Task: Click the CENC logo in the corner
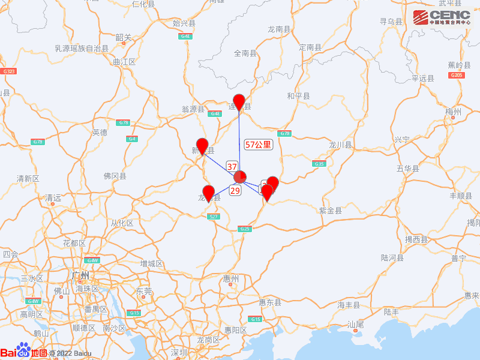442,17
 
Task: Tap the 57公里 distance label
259,145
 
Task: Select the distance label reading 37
232,166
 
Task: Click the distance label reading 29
235,190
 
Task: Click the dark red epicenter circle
239,177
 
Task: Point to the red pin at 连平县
239,103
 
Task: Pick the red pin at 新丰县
202,146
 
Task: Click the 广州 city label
80,275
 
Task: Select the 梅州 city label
453,112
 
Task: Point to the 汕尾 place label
355,324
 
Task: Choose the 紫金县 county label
330,211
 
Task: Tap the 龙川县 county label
340,145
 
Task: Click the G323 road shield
9,71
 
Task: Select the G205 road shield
456,75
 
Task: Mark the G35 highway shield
319,164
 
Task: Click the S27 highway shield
213,217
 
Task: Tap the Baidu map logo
24,353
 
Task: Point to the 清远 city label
53,197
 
